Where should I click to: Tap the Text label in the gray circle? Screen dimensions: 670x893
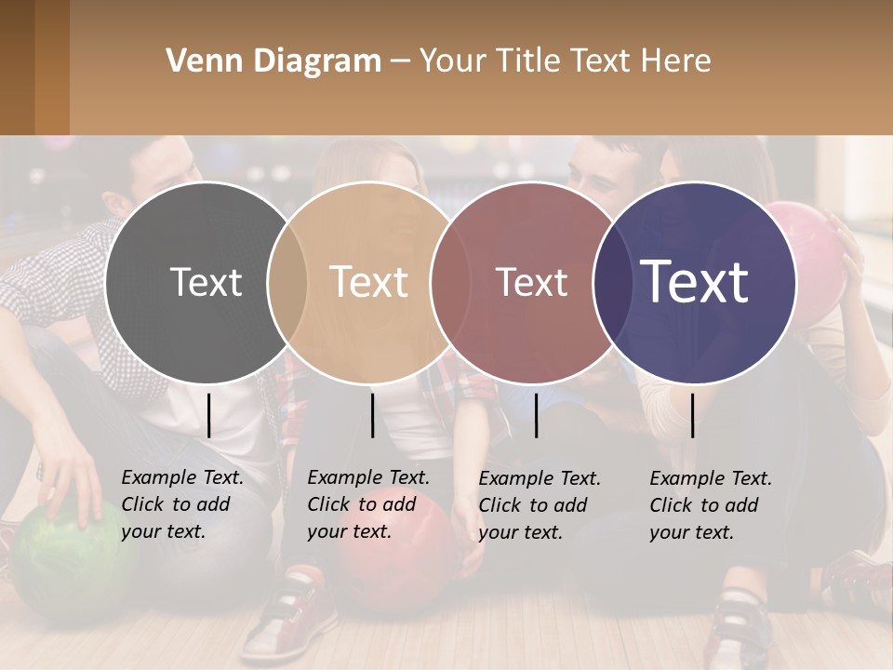207,282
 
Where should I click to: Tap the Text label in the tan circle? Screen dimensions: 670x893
369,282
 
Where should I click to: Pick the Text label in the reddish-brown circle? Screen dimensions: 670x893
531,282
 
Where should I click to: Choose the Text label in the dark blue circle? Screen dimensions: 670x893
695,282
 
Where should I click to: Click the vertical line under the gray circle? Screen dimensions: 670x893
208,415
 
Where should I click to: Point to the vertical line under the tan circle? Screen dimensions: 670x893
372,415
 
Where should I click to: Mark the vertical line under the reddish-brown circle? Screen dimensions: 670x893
536,415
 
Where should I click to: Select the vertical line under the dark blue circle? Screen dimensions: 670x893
692,415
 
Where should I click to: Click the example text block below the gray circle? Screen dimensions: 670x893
181,504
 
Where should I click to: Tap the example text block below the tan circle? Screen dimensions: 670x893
367,504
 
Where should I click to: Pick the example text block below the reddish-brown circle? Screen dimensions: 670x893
539,505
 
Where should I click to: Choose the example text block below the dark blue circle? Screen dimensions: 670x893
710,505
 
